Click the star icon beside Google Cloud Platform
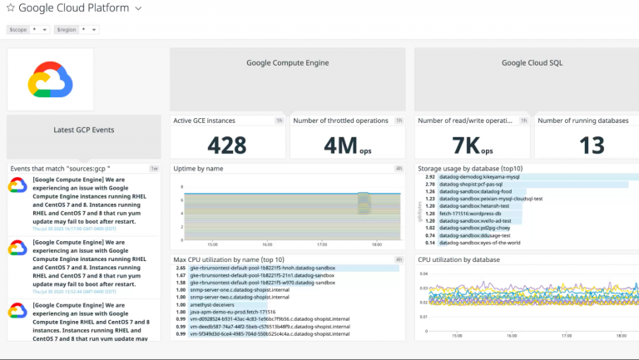point(11,8)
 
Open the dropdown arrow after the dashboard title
point(138,8)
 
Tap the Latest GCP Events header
point(83,130)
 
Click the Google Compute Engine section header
point(287,62)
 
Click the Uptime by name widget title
point(199,169)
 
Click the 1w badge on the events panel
point(154,169)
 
